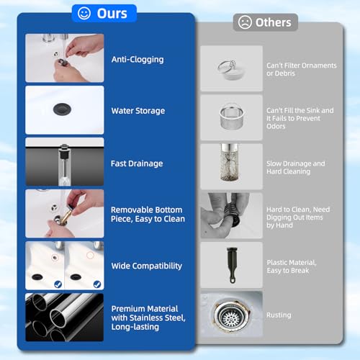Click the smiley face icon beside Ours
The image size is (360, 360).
point(84,13)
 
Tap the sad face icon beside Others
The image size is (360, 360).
point(245,22)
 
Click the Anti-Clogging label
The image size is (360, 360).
point(138,60)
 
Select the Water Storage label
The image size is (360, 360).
point(138,111)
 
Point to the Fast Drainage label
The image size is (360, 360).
point(137,163)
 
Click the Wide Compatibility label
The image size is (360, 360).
point(147,266)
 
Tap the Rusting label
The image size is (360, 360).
point(279,315)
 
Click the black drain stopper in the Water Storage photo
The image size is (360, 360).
point(62,109)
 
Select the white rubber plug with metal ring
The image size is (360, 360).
point(231,69)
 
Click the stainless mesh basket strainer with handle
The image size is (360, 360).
point(232,117)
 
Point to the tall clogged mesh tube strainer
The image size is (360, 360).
point(230,163)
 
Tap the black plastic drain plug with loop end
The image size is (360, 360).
point(232,265)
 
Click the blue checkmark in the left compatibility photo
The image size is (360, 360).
point(58,284)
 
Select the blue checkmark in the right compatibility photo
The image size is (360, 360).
point(97,284)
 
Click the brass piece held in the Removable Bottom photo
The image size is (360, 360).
point(66,217)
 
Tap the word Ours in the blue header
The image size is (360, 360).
point(112,14)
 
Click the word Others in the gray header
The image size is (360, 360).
point(273,22)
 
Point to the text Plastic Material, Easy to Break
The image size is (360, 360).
point(292,266)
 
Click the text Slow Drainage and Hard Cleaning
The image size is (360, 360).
point(296,168)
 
